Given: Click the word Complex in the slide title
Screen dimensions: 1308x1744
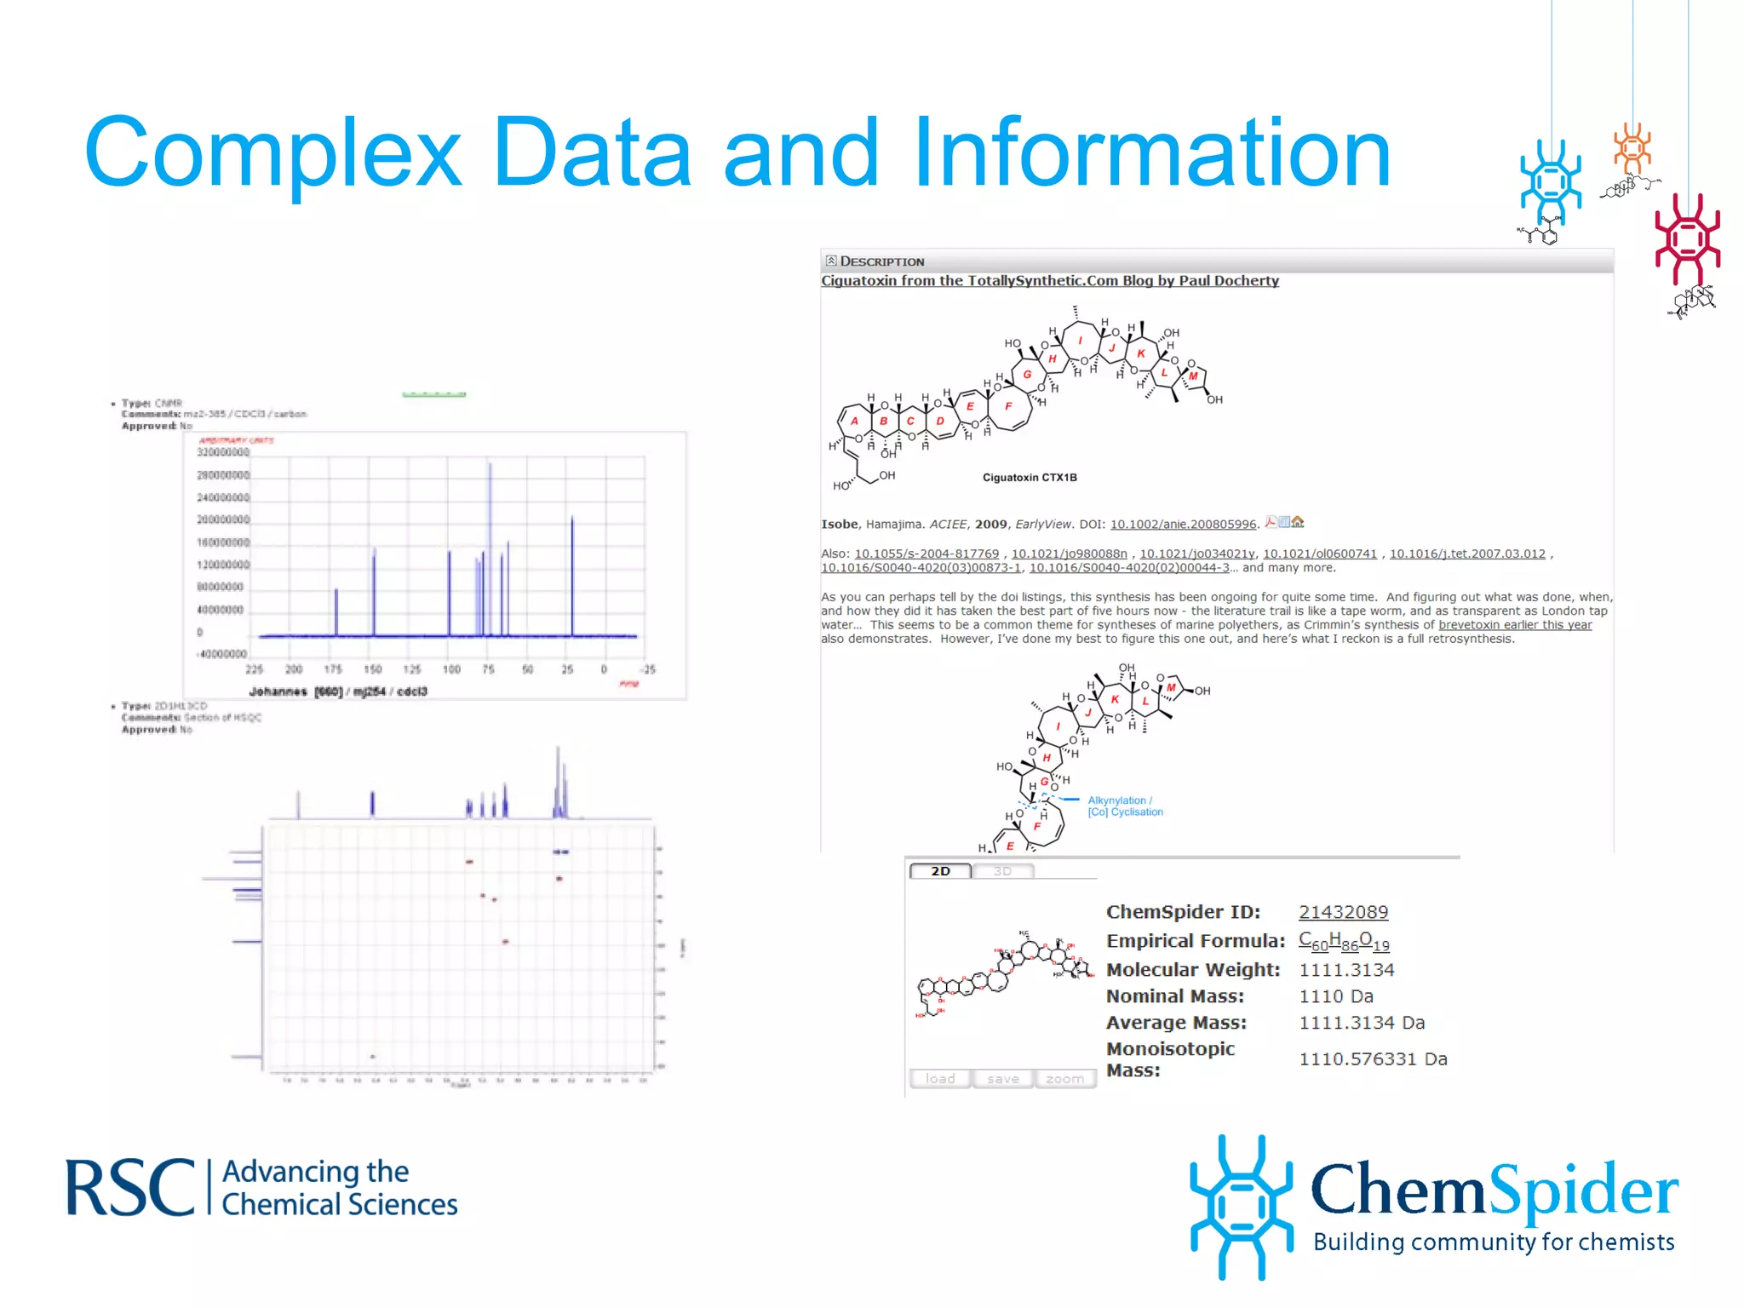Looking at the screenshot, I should point(272,153).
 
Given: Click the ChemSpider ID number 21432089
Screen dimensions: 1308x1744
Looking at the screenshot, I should point(1343,912).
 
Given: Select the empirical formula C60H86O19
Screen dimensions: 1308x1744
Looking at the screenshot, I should point(1344,941).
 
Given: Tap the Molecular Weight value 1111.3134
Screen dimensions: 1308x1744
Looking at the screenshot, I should point(1346,970).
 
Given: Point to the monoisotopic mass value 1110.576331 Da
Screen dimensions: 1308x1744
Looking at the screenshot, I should point(1373,1059).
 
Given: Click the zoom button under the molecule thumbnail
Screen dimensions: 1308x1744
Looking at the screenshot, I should point(1064,1079).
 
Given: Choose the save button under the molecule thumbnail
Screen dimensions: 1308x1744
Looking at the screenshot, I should point(1002,1079).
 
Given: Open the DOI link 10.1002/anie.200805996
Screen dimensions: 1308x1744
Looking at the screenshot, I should point(1183,525).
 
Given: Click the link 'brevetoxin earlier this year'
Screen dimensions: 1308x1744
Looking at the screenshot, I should point(1515,625).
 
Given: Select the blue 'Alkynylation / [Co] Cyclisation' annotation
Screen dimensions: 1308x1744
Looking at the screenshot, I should point(1124,806).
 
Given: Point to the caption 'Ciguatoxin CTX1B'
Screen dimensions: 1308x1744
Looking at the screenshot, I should point(1030,478).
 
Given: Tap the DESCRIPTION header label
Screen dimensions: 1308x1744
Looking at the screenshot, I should point(881,261).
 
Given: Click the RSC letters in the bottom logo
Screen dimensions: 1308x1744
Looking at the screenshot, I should point(130,1188).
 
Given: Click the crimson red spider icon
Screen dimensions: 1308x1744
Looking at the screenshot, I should point(1687,238).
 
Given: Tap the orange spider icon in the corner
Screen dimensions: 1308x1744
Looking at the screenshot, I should point(1632,149).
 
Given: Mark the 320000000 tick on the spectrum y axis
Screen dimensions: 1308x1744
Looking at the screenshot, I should point(223,452).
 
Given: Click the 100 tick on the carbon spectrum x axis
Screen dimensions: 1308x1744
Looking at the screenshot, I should point(451,669).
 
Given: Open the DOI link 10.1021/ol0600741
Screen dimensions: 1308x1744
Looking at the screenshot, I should point(1319,554).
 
